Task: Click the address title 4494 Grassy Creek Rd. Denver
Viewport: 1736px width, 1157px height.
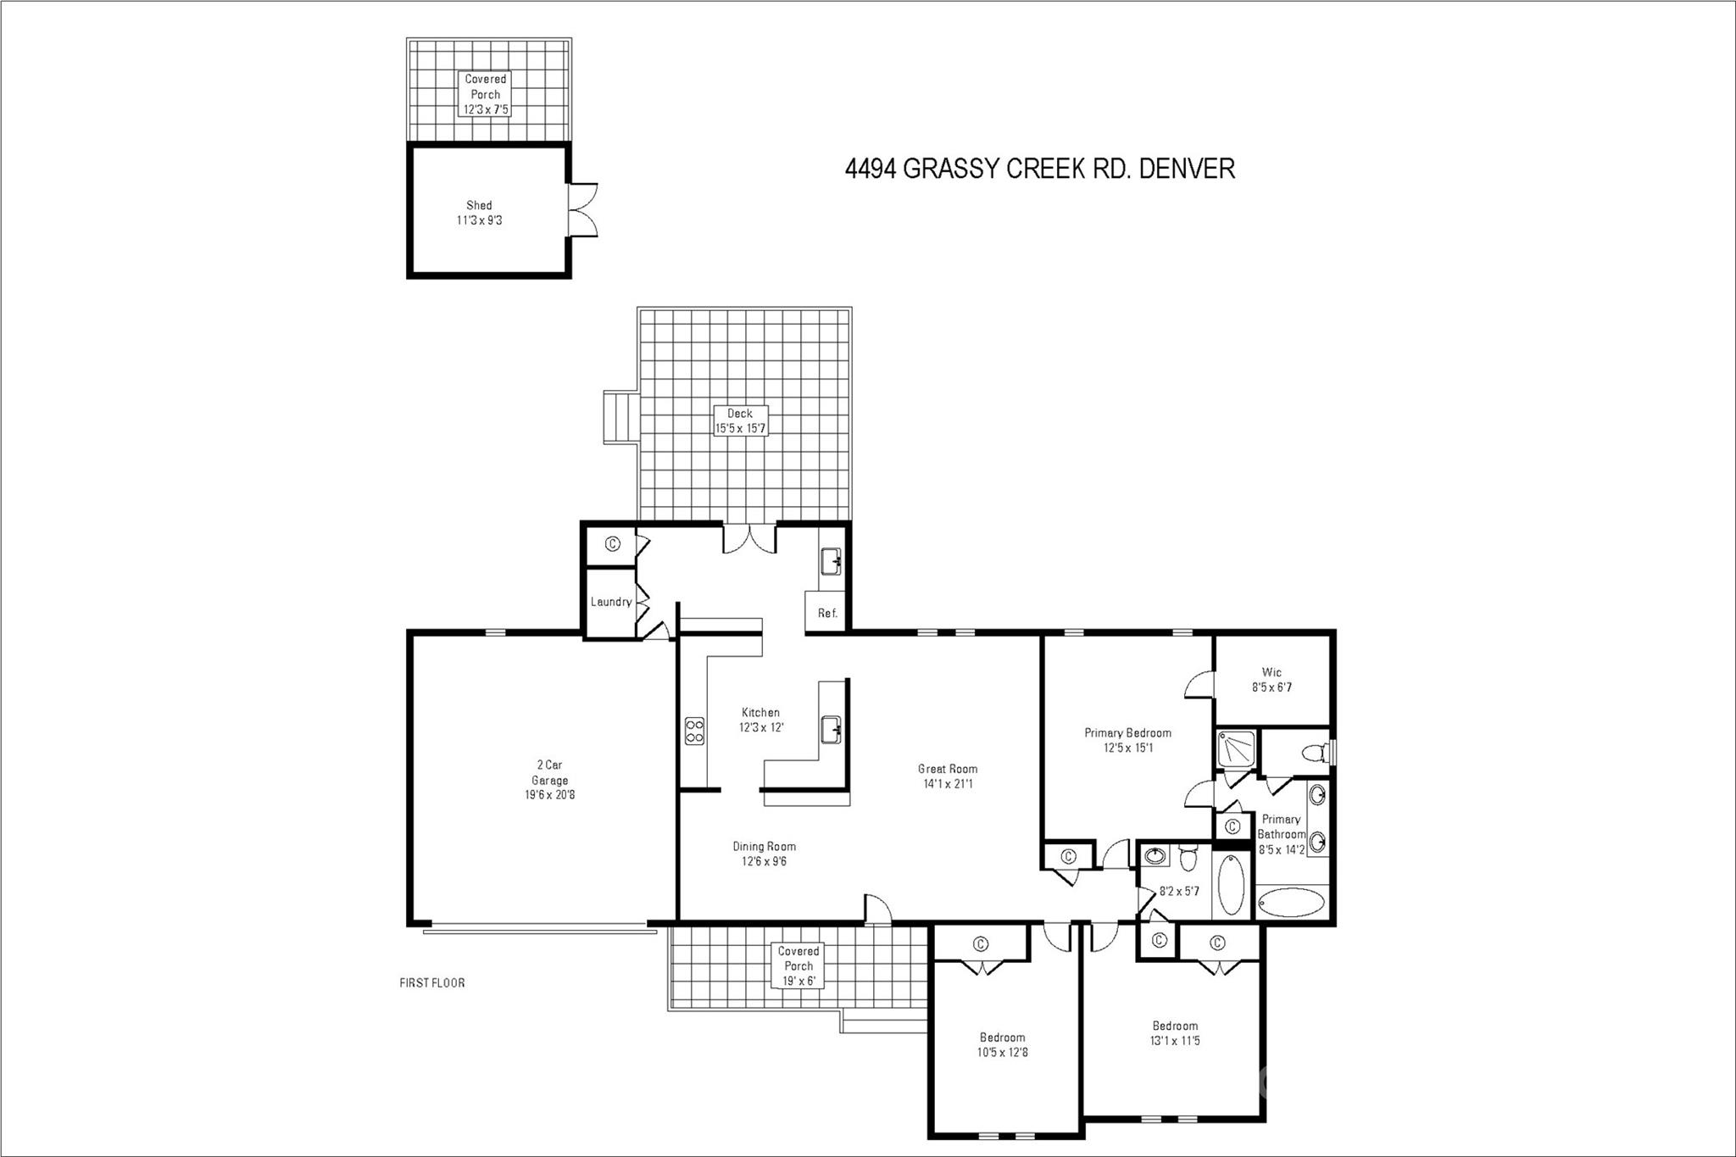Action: (x=1039, y=169)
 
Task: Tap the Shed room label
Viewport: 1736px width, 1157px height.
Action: (x=479, y=212)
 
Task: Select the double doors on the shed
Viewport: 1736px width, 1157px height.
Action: (x=584, y=209)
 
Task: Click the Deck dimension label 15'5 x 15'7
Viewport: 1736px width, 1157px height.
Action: (x=740, y=428)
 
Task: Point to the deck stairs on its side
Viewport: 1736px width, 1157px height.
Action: (x=620, y=416)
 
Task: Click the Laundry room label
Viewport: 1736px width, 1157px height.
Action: (x=610, y=602)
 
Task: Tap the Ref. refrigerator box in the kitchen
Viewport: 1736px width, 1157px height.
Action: (x=827, y=612)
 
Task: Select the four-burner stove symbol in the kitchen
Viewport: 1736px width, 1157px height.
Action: (x=694, y=731)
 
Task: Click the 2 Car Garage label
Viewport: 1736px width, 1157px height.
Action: (x=549, y=780)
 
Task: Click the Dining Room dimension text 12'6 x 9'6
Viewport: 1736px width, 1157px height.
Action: (x=764, y=861)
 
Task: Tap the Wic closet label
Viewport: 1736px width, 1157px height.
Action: (x=1271, y=680)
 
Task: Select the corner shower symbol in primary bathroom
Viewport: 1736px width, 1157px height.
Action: (x=1234, y=749)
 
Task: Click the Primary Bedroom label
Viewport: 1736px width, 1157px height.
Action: (x=1127, y=740)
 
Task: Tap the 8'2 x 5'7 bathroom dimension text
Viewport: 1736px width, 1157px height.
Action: (x=1179, y=891)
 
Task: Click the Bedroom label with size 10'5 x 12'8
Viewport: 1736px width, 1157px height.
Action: (x=1002, y=1044)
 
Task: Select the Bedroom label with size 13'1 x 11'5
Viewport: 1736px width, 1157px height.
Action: (x=1175, y=1033)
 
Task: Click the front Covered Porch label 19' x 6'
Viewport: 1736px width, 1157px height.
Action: (x=798, y=966)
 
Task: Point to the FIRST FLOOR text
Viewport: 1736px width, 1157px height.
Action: (x=431, y=983)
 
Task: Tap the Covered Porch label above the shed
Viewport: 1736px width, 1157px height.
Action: (x=486, y=94)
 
